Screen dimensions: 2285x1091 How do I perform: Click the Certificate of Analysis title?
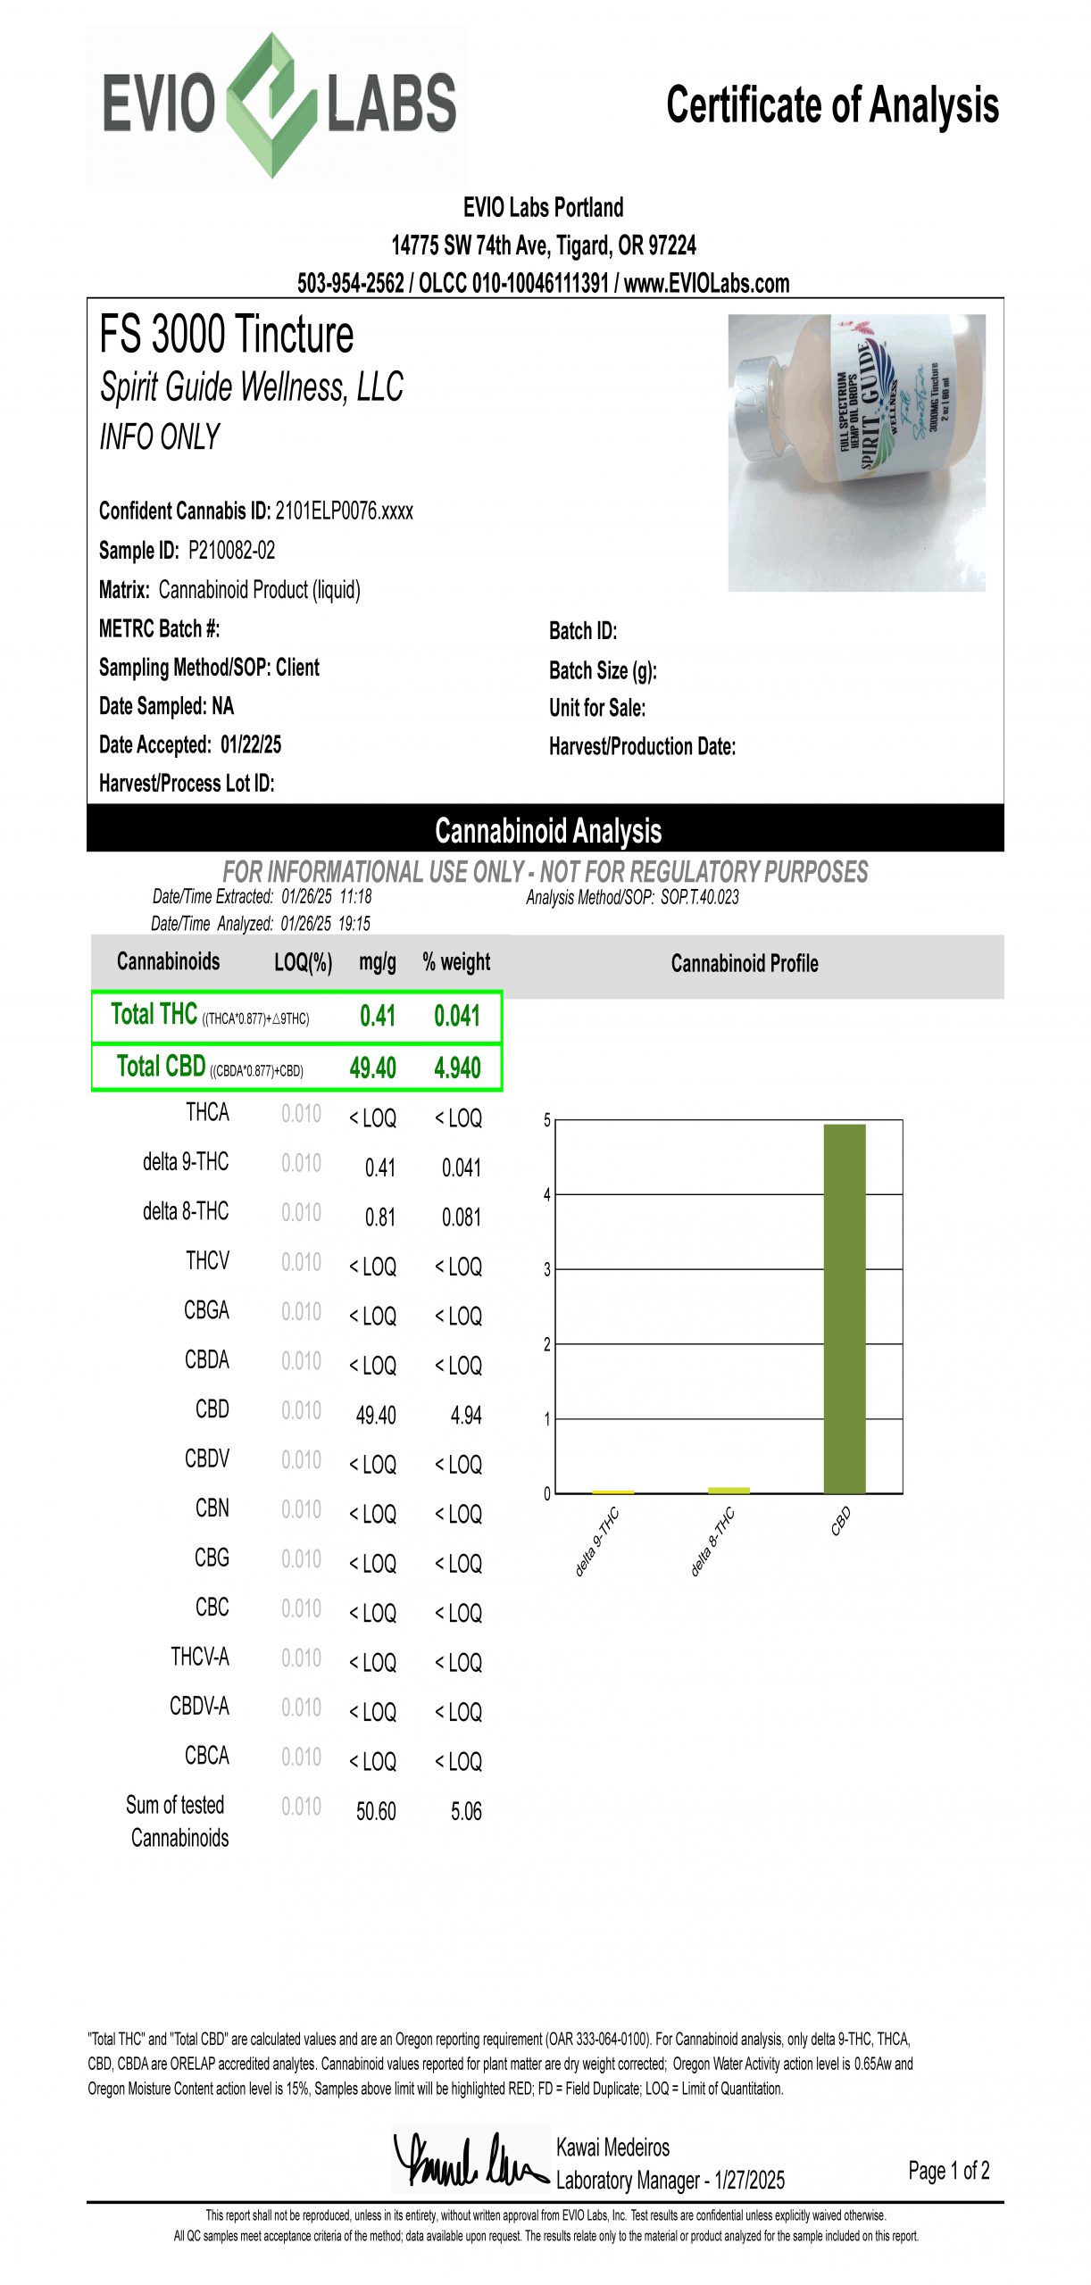click(x=831, y=105)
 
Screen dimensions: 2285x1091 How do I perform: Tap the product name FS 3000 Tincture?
click(x=226, y=335)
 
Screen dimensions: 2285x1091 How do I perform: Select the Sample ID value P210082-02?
click(x=231, y=551)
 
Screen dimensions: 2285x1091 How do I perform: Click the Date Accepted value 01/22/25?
click(x=251, y=744)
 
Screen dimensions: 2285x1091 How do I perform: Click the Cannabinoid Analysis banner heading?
click(x=547, y=830)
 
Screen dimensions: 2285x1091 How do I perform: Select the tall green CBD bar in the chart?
click(x=844, y=1308)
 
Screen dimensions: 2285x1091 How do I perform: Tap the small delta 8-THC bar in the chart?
click(x=729, y=1490)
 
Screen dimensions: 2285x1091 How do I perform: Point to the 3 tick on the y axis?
click(x=546, y=1269)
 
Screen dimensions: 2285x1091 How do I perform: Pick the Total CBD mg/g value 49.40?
click(x=372, y=1068)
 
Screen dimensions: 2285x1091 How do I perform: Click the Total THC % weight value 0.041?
click(x=456, y=1016)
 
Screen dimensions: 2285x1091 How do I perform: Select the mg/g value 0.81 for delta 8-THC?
click(x=379, y=1217)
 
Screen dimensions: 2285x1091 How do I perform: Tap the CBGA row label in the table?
click(x=206, y=1310)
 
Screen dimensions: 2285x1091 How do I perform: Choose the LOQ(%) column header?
click(x=303, y=962)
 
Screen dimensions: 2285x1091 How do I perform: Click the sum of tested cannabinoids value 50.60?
click(x=376, y=1811)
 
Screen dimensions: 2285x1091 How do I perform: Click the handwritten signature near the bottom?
click(x=468, y=2160)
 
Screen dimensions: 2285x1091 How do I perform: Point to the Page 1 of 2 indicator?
click(x=948, y=2170)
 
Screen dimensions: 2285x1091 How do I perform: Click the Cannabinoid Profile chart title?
click(x=744, y=963)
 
